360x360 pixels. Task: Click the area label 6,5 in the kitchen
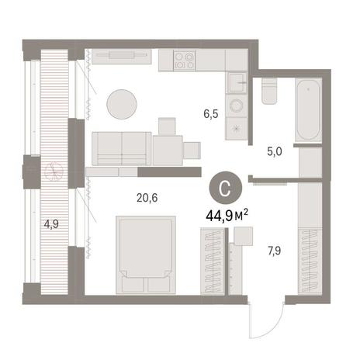[x=211, y=114]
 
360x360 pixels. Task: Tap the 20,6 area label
[x=147, y=198]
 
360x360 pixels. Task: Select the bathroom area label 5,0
[x=275, y=151]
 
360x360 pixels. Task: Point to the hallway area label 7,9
[x=275, y=251]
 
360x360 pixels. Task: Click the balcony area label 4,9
[x=51, y=224]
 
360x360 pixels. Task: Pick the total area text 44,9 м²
[x=227, y=216]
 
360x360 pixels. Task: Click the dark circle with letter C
[x=225, y=187]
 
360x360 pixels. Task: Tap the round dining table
[x=122, y=104]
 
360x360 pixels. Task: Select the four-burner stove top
[x=185, y=61]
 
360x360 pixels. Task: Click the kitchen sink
[x=237, y=82]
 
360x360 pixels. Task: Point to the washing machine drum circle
[x=237, y=106]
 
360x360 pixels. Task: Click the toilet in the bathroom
[x=269, y=91]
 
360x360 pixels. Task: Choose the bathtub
[x=308, y=110]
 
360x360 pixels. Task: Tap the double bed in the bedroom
[x=146, y=255]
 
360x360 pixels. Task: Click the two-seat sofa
[x=122, y=148]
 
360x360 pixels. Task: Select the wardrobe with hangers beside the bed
[x=213, y=261]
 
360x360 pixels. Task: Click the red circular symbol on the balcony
[x=54, y=171]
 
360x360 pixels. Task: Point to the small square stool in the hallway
[x=243, y=236]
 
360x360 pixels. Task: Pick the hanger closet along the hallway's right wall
[x=310, y=261]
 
